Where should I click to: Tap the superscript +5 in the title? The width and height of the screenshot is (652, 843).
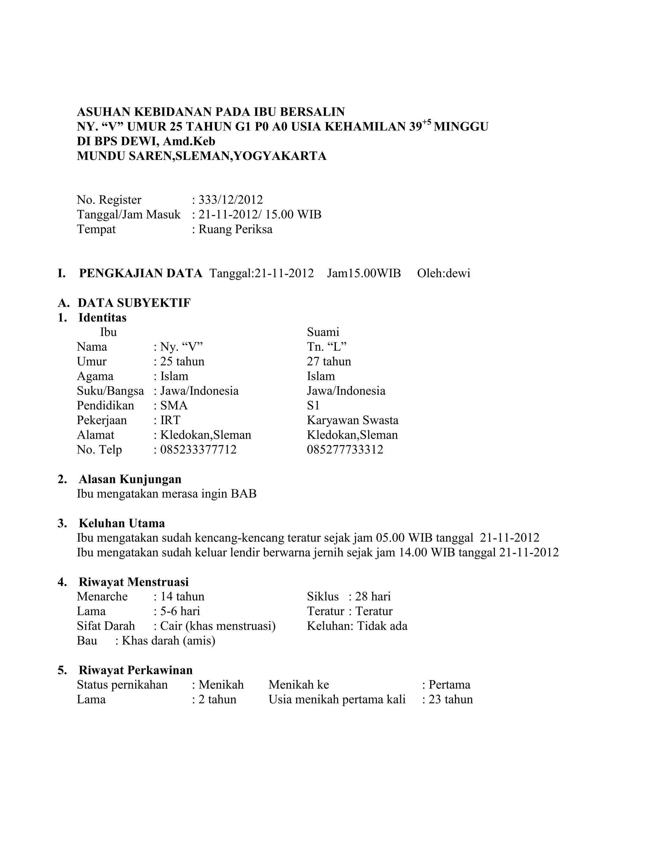426,122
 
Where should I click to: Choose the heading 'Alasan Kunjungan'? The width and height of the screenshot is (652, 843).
130,479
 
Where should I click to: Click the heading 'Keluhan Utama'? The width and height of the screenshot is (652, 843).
122,523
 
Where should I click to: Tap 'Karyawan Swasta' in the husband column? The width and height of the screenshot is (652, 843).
353,420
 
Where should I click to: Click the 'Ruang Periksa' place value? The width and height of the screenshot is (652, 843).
235,229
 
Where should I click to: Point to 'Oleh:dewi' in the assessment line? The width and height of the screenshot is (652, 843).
443,273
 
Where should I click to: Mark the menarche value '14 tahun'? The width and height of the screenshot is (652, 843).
182,596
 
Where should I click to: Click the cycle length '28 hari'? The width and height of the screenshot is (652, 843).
373,596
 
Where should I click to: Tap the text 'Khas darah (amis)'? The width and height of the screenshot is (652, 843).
168,640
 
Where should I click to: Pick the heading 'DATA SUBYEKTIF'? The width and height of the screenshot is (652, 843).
134,303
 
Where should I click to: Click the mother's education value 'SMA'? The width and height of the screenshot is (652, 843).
174,405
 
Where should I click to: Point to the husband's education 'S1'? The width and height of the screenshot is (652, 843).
313,405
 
